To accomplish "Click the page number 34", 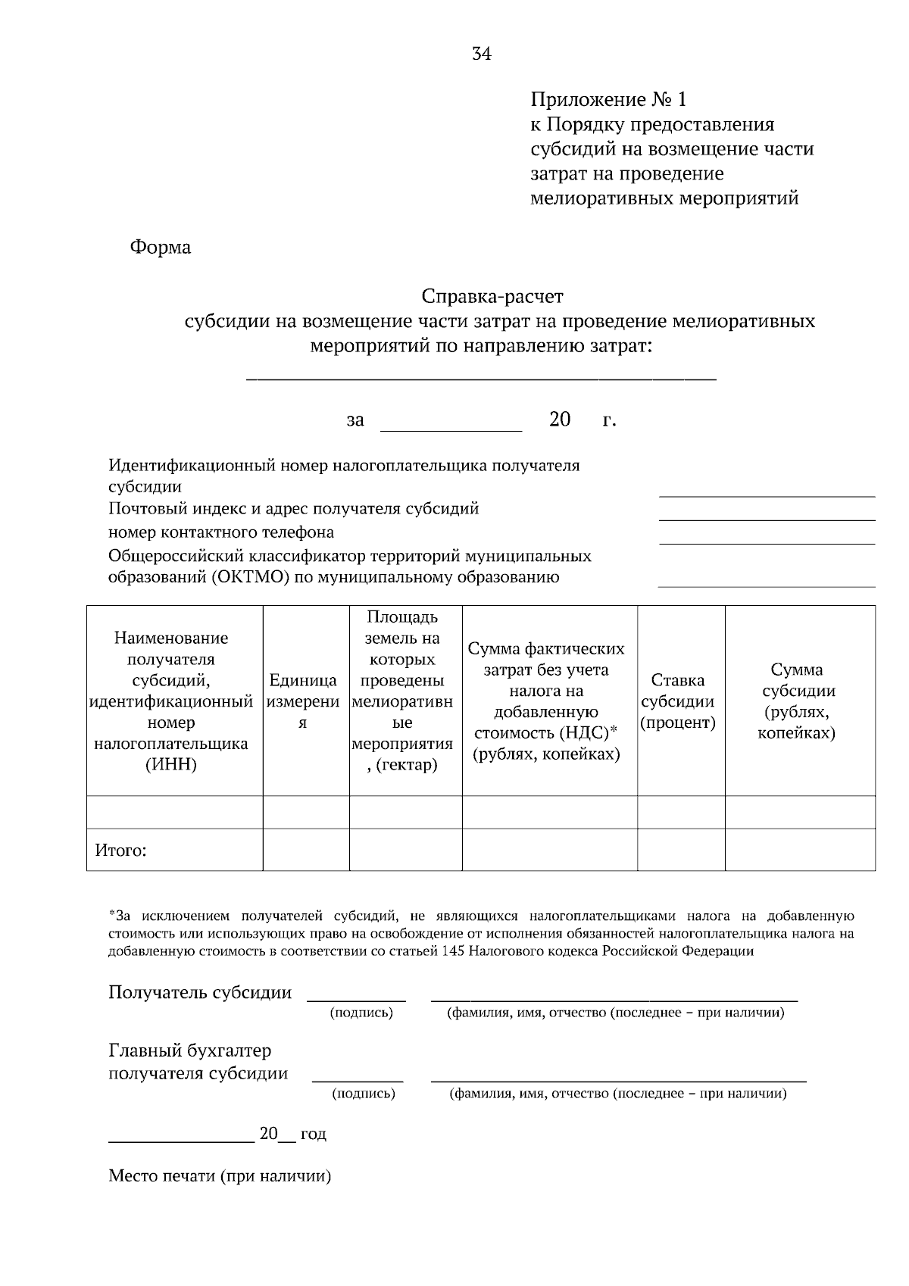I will tap(481, 54).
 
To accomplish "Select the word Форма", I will tap(160, 248).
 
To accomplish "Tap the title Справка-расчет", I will tap(492, 295).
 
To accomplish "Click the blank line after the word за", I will tap(451, 429).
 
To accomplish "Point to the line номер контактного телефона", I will tap(220, 532).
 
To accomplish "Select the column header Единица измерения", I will tap(302, 701).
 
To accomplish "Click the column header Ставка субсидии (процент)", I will tap(678, 701).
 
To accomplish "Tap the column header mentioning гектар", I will tap(405, 691).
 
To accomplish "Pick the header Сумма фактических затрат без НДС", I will tap(546, 701).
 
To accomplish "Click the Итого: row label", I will tap(120, 851).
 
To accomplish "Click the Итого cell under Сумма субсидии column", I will tap(799, 851).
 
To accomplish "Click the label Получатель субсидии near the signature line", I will tap(200, 992).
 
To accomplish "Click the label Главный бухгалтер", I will tap(189, 1050).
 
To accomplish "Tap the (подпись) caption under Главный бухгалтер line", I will tap(363, 1094).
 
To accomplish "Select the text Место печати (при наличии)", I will tap(220, 1176).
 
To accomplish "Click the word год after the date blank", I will tap(313, 1134).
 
